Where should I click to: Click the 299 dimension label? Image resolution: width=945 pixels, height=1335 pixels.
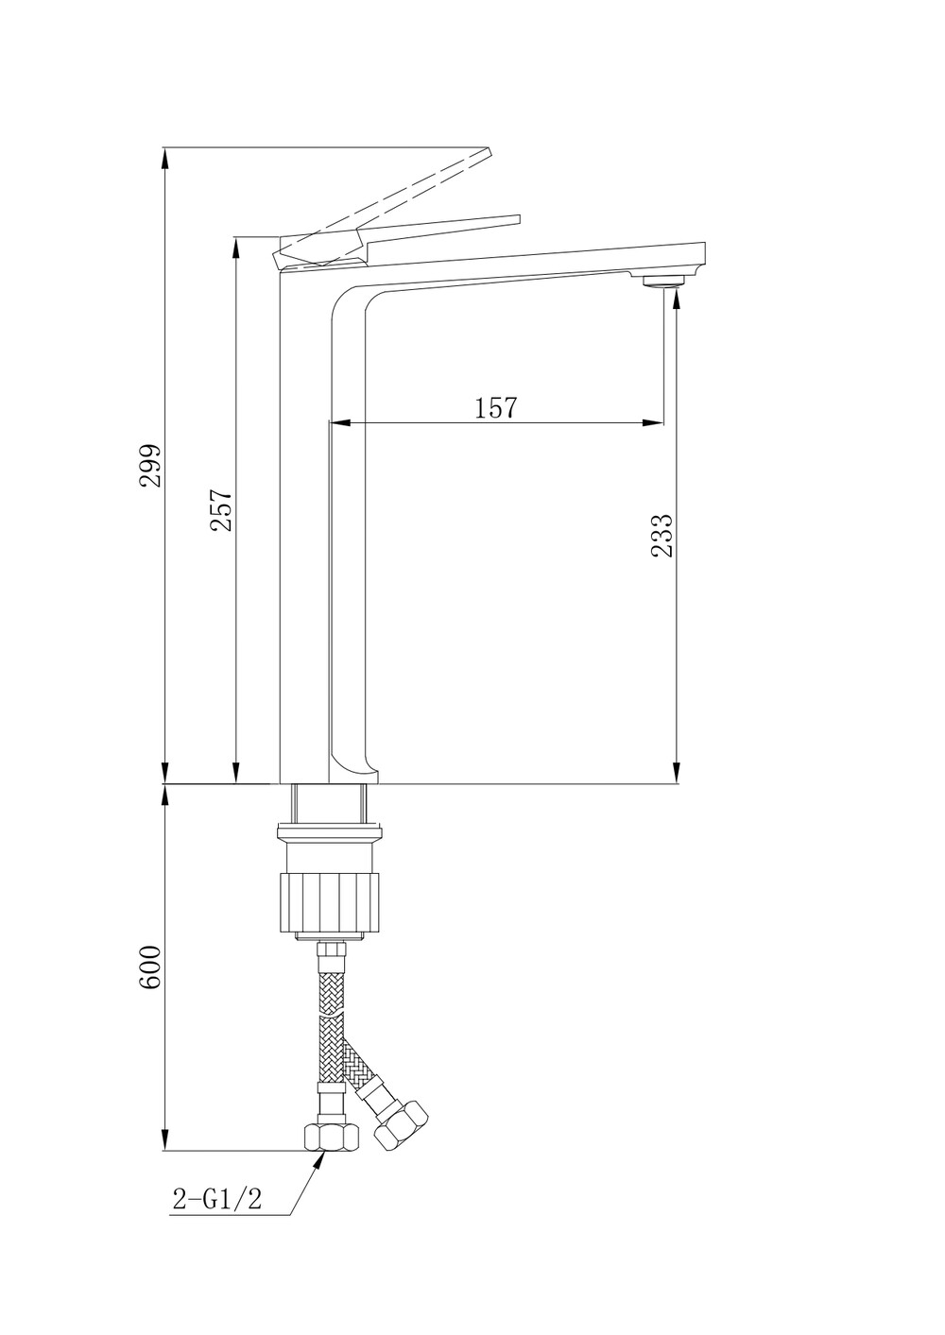click(x=150, y=465)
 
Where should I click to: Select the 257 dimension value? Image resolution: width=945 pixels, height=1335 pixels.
click(x=220, y=510)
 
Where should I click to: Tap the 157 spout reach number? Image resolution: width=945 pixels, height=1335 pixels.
click(x=496, y=407)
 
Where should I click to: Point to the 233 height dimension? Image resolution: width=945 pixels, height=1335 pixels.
click(x=661, y=535)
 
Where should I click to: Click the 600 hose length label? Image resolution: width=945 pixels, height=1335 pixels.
click(x=150, y=967)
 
